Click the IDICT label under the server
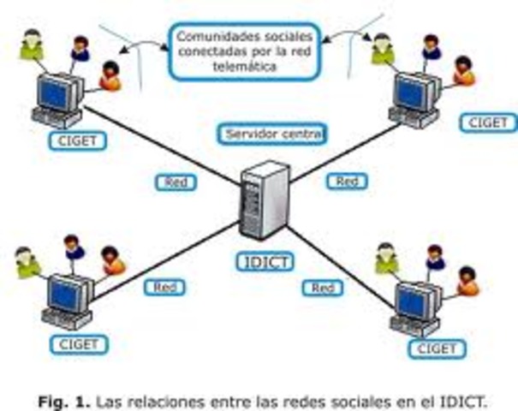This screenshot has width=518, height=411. point(265,262)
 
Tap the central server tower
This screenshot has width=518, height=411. point(265,200)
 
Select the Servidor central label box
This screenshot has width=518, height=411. point(272,134)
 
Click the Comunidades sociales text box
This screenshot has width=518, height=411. point(245,51)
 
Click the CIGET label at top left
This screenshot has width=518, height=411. point(78,141)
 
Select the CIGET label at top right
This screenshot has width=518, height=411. point(488,123)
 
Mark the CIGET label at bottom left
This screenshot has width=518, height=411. point(79,344)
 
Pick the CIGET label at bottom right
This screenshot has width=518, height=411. point(437,348)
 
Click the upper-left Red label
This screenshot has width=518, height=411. point(176,182)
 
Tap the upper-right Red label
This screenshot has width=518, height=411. point(347,182)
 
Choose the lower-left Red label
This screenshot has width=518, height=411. point(164,288)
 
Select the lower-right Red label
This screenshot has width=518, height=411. point(323,288)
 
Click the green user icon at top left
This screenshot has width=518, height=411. point(32,45)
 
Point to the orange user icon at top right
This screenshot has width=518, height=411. point(464,71)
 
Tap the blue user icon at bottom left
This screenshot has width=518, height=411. point(74,247)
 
